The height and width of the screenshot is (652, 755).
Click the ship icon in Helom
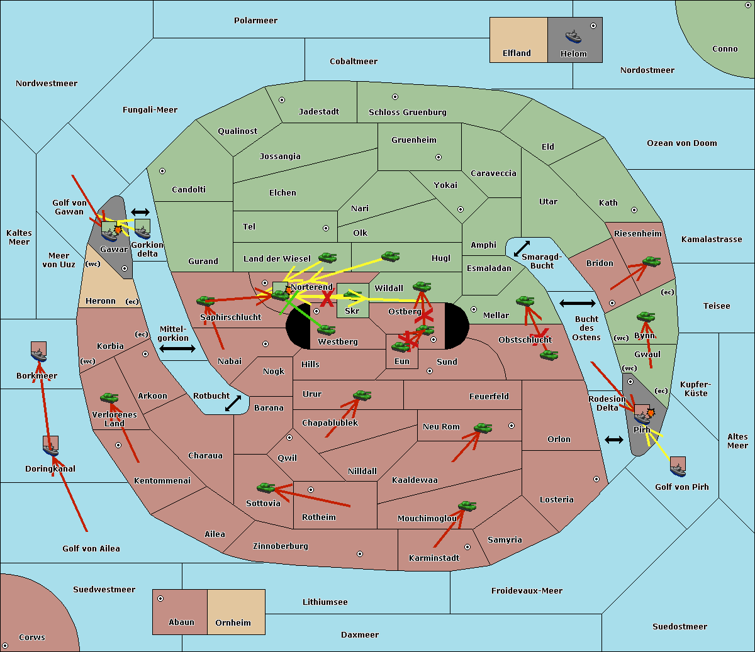coord(573,36)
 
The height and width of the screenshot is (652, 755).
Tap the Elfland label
coord(517,53)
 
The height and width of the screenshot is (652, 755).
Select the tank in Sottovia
coord(266,487)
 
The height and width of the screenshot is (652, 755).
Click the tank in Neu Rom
coord(483,428)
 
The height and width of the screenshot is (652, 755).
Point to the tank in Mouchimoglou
coord(467,506)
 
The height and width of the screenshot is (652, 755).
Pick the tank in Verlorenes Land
coord(109,397)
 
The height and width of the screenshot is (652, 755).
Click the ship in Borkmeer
coord(39,355)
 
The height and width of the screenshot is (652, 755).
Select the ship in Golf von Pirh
coord(678,470)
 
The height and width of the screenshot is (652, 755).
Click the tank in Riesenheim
coord(652,262)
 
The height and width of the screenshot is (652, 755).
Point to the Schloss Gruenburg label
coord(408,112)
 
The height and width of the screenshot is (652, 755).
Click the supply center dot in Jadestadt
coord(282,100)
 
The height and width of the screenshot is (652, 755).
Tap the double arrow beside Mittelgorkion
coord(177,349)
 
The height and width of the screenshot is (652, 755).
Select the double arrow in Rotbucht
coord(233,404)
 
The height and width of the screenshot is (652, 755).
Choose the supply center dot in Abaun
coord(160,599)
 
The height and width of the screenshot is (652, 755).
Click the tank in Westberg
coord(326,329)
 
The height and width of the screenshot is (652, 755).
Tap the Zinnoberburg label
coord(281,546)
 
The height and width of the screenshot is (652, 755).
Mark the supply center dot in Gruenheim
coord(439,157)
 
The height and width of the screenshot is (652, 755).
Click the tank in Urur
coord(362,395)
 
